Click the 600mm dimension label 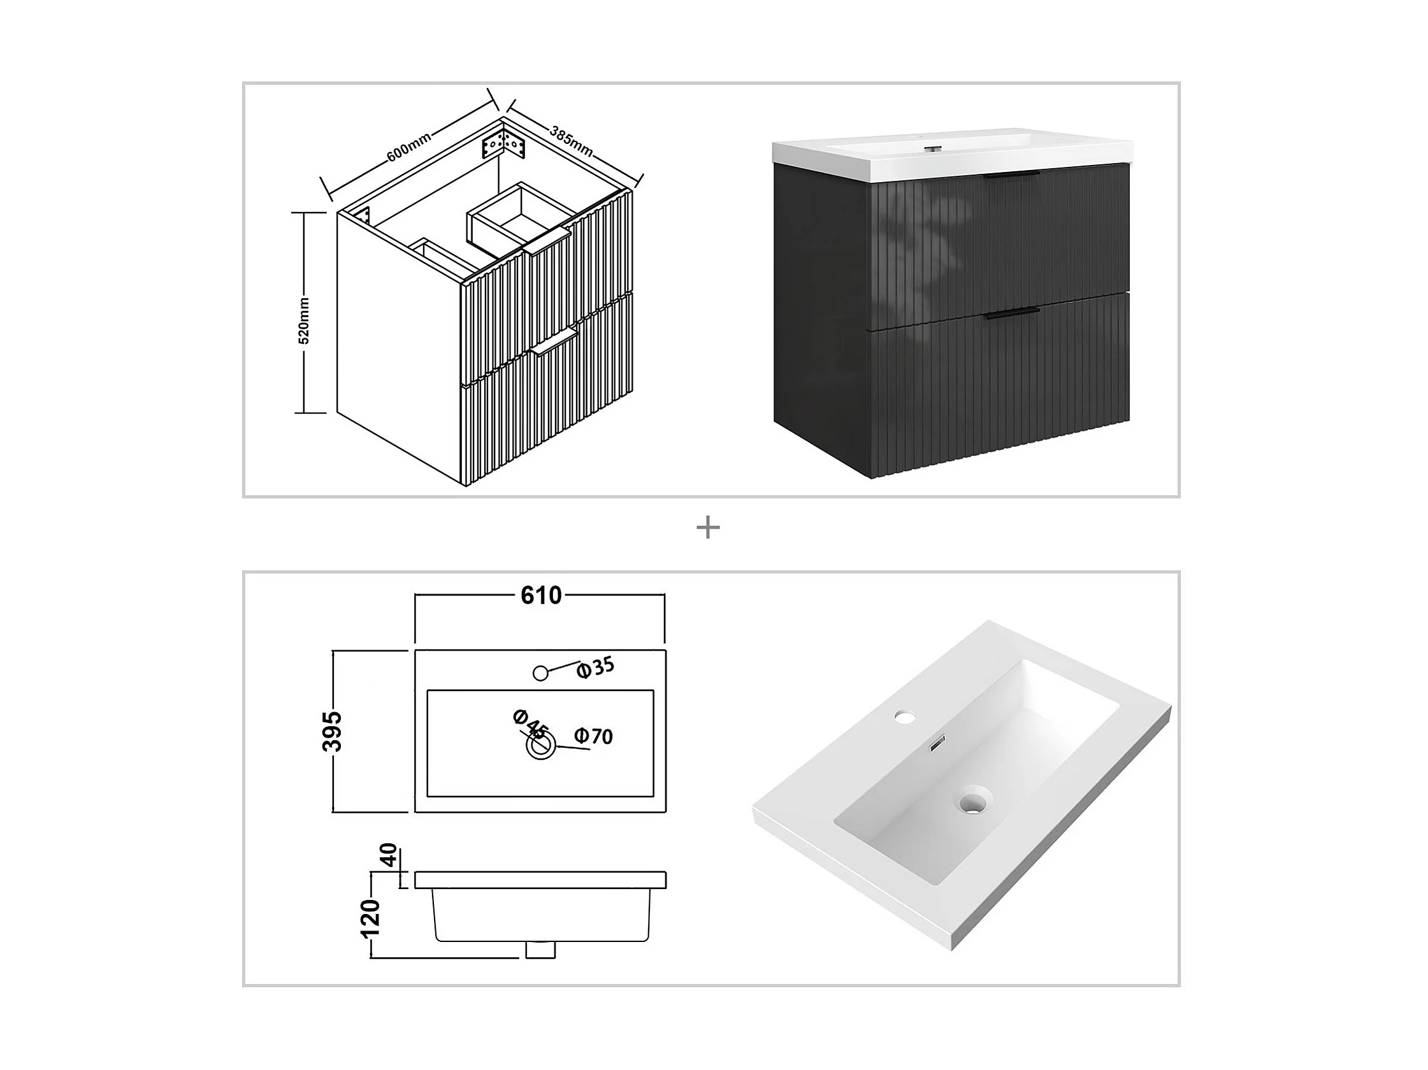(408, 147)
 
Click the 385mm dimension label (572, 140)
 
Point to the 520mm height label (304, 321)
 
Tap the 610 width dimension (541, 595)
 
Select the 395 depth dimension (332, 731)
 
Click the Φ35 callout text (595, 668)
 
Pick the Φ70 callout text (593, 736)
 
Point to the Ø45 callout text (531, 725)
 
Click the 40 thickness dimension (388, 855)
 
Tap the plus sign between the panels (708, 528)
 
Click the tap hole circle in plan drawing (541, 673)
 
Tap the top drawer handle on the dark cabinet (1012, 175)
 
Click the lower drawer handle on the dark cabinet (1012, 313)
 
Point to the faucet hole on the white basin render (905, 716)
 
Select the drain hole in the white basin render (974, 803)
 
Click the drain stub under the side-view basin (540, 950)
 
